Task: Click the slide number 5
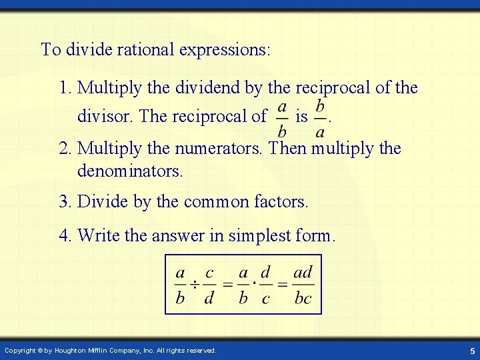pos(471,351)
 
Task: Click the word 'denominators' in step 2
pos(129,171)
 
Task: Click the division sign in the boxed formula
pos(194,285)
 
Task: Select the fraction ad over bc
pos(303,285)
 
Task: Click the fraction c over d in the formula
pos(209,285)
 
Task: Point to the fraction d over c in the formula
pos(265,285)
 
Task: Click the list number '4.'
pos(65,235)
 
